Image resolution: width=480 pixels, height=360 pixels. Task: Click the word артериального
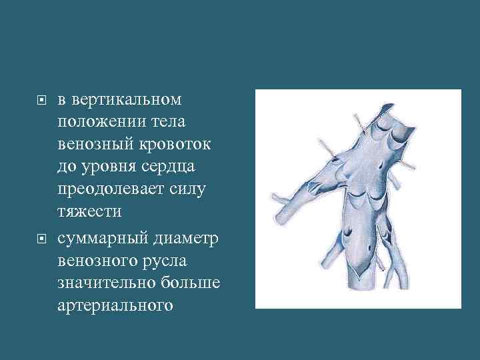pyautogui.click(x=115, y=305)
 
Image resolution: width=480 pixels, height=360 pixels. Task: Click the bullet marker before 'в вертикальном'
pyautogui.click(x=41, y=101)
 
